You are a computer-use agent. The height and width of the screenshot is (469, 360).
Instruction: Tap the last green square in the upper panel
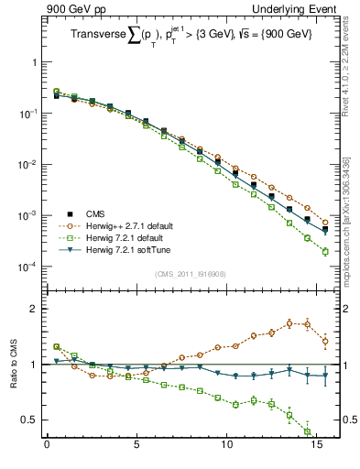(325, 251)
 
